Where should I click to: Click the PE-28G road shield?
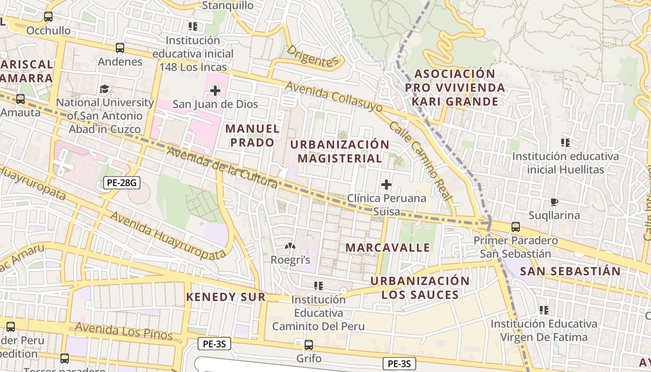click(x=121, y=183)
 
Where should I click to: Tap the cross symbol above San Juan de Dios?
click(x=215, y=90)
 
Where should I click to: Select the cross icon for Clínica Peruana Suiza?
click(x=386, y=185)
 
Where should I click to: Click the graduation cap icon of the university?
click(x=105, y=89)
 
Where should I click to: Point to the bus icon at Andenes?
click(x=120, y=48)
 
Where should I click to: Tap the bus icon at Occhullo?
click(x=48, y=17)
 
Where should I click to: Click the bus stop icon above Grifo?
click(x=308, y=345)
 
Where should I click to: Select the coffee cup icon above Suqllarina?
click(x=554, y=202)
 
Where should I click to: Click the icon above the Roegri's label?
click(x=290, y=246)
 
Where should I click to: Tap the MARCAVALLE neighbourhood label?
click(x=388, y=247)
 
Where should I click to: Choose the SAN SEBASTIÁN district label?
click(x=570, y=271)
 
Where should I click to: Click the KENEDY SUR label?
click(x=226, y=297)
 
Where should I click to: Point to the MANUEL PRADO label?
click(x=252, y=135)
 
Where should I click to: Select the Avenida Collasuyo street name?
click(x=334, y=97)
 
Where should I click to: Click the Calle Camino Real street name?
click(x=421, y=161)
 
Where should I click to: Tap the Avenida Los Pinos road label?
click(x=123, y=332)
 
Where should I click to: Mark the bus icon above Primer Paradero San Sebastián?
click(x=515, y=227)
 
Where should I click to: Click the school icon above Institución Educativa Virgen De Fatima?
click(x=544, y=310)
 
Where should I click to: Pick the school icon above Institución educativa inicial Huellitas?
click(x=565, y=142)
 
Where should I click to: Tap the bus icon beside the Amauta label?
click(x=20, y=99)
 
